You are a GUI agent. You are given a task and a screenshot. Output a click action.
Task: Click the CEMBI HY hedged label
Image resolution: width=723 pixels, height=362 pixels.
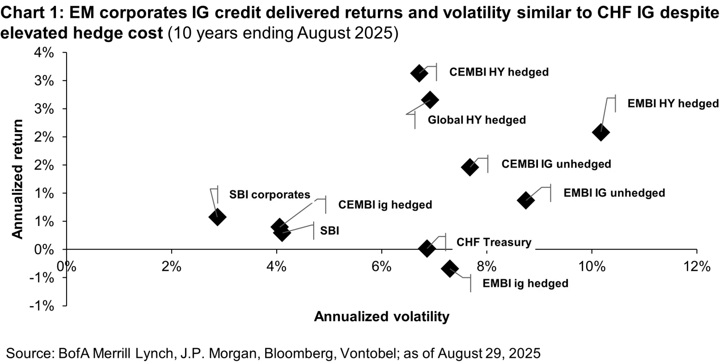[x=499, y=72]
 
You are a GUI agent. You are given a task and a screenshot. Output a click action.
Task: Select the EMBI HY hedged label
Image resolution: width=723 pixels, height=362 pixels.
[x=673, y=104]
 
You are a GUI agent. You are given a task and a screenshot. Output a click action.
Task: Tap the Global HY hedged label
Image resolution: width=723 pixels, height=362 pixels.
[x=476, y=120]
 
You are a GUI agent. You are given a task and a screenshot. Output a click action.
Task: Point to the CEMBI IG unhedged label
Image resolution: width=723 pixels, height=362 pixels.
[x=556, y=164]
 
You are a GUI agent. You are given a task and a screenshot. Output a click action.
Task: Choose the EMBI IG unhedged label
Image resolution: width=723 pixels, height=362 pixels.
[x=614, y=193]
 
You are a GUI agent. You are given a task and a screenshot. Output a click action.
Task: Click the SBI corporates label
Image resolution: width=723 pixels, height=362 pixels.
[x=269, y=195]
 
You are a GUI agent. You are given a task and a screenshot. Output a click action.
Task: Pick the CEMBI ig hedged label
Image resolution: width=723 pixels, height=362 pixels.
[x=385, y=205]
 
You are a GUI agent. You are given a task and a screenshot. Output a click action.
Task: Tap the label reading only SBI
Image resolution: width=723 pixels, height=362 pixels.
[x=330, y=231]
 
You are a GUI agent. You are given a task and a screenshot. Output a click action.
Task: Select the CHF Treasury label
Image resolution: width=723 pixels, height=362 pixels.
[x=494, y=242]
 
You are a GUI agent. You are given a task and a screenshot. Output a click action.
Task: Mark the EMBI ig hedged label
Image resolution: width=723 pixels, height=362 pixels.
[x=525, y=283]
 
